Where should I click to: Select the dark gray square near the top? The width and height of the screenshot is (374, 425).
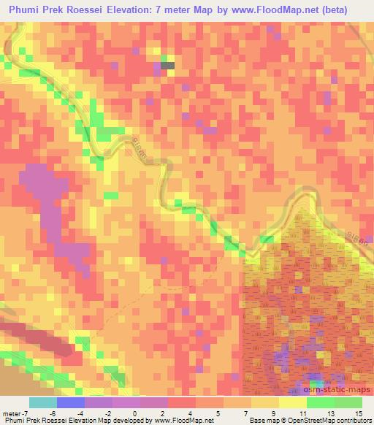168,66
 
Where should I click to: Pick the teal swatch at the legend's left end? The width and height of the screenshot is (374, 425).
43,402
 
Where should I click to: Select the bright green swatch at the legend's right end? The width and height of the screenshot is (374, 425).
348,402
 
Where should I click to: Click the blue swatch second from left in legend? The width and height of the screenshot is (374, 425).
71,402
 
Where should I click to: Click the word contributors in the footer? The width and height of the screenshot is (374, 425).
353,421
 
